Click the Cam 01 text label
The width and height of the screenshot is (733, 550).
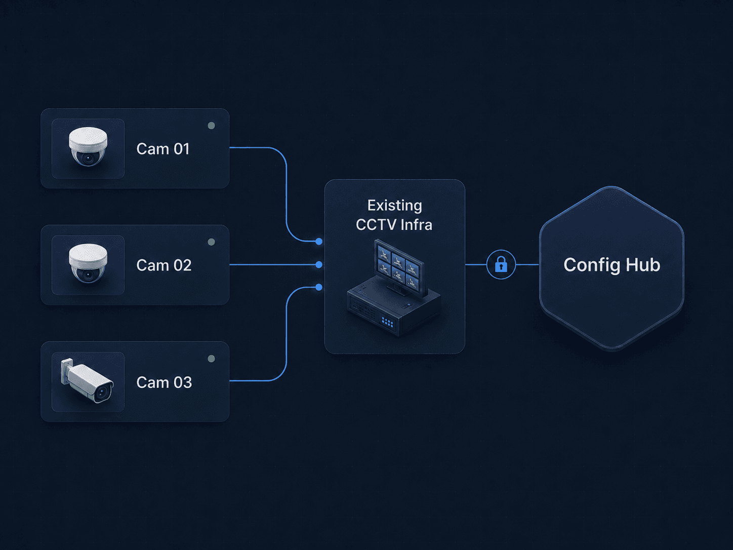(x=163, y=148)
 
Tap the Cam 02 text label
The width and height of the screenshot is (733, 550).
(x=164, y=265)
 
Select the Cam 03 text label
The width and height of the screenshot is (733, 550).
(x=164, y=382)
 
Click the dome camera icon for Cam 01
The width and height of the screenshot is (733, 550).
(x=88, y=146)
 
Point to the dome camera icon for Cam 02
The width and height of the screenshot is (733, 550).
(x=88, y=263)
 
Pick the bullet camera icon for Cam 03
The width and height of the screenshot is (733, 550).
(x=87, y=381)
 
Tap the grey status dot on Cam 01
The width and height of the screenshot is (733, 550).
(x=212, y=126)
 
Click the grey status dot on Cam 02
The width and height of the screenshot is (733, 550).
(x=212, y=242)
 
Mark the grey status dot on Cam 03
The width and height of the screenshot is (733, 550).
(x=212, y=359)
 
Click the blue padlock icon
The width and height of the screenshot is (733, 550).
(x=501, y=264)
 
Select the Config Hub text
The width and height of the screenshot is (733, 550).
(x=612, y=265)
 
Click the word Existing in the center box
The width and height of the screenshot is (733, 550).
(x=395, y=206)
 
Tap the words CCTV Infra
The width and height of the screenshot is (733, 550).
(x=394, y=225)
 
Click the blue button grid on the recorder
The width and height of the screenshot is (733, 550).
(x=387, y=322)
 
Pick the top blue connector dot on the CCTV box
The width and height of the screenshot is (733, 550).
(x=319, y=241)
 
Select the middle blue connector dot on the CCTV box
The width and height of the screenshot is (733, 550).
(x=319, y=264)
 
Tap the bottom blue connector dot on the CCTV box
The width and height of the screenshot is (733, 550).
(x=319, y=287)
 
